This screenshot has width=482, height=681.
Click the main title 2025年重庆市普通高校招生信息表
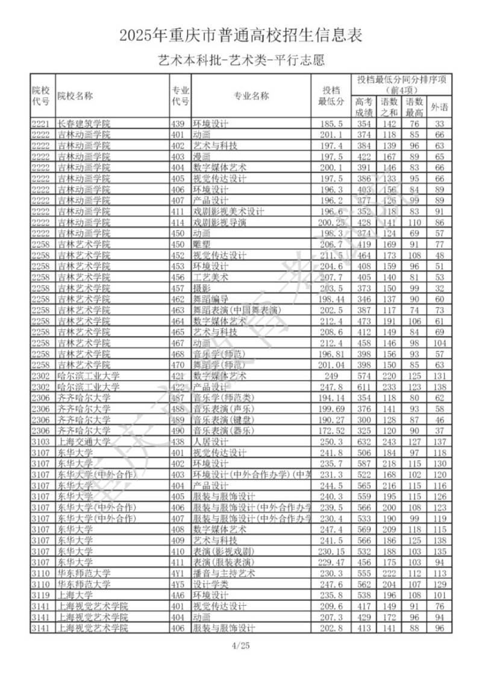pyautogui.click(x=241, y=36)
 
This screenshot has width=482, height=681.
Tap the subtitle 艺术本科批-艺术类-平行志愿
pyautogui.click(x=241, y=60)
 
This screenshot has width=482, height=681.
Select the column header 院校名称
pyautogui.click(x=75, y=96)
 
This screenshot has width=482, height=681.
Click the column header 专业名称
pyautogui.click(x=251, y=96)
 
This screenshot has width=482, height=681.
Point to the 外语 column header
pyautogui.click(x=439, y=107)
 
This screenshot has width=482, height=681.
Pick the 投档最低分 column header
pyautogui.click(x=331, y=96)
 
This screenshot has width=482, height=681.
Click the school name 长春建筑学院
pyautogui.click(x=84, y=124)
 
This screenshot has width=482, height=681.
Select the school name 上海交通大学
pyautogui.click(x=84, y=441)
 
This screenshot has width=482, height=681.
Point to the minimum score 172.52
pyautogui.click(x=331, y=431)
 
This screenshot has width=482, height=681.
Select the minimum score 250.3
pyautogui.click(x=331, y=441)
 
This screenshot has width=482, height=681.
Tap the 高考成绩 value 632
pyautogui.click(x=363, y=441)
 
